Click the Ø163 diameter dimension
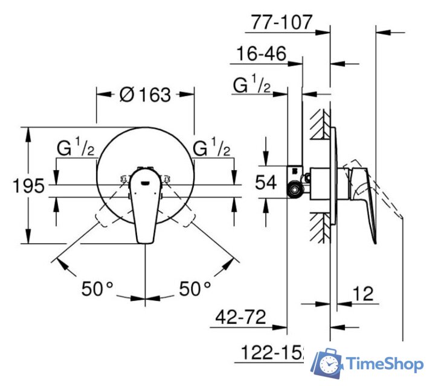(146, 95)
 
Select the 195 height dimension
(28, 186)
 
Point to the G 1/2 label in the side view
(252, 86)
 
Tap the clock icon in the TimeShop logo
(329, 364)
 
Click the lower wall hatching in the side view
(321, 229)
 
